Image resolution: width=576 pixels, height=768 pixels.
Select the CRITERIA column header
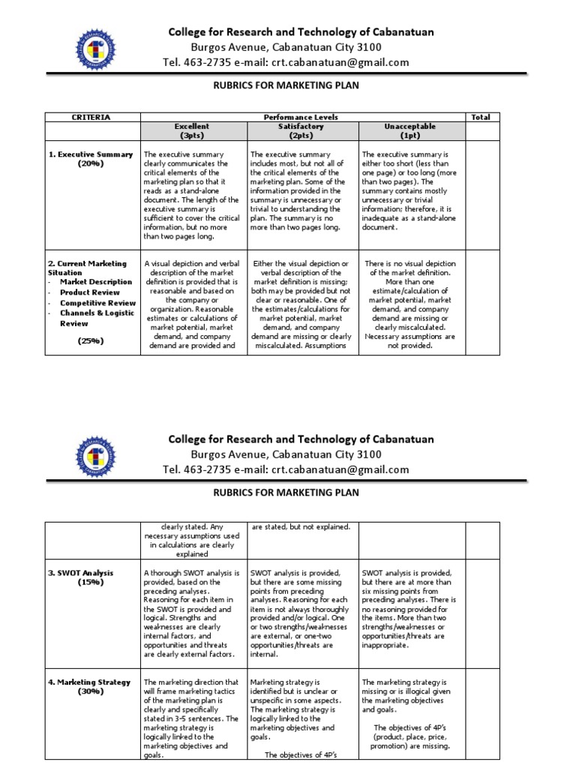(x=90, y=118)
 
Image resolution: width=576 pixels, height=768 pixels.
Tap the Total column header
(x=480, y=118)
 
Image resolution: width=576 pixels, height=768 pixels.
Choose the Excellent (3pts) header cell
(x=192, y=131)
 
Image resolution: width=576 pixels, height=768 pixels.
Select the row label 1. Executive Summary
(x=91, y=154)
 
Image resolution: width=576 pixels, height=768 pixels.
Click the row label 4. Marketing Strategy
(x=91, y=682)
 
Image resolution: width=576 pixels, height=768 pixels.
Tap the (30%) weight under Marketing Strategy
(x=91, y=691)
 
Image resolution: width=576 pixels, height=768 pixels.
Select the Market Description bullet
(x=96, y=282)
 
